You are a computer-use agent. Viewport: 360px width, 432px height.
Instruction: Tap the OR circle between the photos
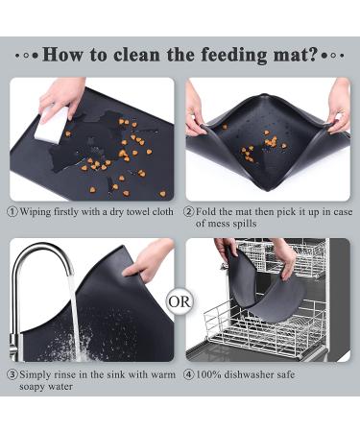[180, 301]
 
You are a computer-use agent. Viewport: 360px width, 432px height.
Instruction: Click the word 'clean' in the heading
[136, 55]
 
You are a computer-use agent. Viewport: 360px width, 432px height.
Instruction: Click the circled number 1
[12, 212]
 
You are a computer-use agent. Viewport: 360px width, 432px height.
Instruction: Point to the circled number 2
[189, 212]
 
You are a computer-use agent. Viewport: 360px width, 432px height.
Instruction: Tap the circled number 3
[12, 374]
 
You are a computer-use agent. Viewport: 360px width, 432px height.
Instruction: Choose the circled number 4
[189, 374]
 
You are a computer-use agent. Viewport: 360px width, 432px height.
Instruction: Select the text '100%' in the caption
[208, 374]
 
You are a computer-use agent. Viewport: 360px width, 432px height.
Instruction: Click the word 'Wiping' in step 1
[36, 212]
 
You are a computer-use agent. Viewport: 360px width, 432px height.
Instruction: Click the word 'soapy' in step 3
[32, 387]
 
